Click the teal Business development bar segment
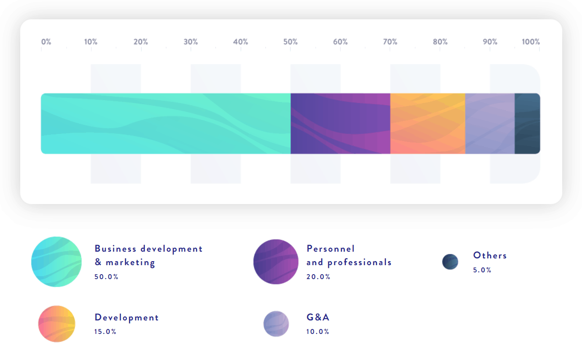[166, 124]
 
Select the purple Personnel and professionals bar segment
[340, 124]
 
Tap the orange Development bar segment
[428, 124]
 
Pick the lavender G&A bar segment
[490, 124]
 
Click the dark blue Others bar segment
[528, 124]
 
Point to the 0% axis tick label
[46, 42]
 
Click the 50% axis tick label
[291, 42]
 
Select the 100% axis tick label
[531, 42]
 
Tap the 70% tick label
[390, 42]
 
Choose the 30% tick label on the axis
[191, 42]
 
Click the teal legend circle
[56, 262]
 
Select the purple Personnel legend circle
[276, 262]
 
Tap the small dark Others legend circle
[450, 262]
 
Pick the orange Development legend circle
[57, 324]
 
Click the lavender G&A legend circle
[276, 324]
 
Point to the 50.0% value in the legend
[106, 277]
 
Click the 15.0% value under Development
[105, 331]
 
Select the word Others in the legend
[490, 255]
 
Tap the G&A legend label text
[318, 317]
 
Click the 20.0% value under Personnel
[318, 277]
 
